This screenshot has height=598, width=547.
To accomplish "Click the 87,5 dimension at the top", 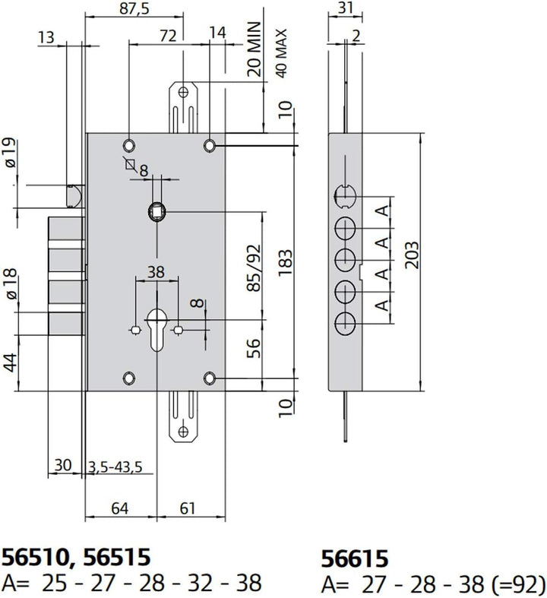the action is pyautogui.click(x=134, y=8).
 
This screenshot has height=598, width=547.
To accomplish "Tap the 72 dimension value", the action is pyautogui.click(x=168, y=36).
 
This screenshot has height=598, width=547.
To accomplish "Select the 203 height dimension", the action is pyautogui.click(x=412, y=255).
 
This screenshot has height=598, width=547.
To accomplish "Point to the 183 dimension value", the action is pyautogui.click(x=286, y=264).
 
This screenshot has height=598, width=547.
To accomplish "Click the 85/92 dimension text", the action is pyautogui.click(x=254, y=267).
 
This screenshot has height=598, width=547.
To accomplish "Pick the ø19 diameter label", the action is pyautogui.click(x=11, y=153).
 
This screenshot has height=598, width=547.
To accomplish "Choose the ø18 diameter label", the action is pyautogui.click(x=11, y=283).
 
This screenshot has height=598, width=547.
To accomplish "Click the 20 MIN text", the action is pyautogui.click(x=254, y=49).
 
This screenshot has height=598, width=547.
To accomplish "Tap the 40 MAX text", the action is pyautogui.click(x=282, y=53).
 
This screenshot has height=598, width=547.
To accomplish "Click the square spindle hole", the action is pyautogui.click(x=157, y=212).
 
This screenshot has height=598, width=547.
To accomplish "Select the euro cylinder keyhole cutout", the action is pyautogui.click(x=157, y=330).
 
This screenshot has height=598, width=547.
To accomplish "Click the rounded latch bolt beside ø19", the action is pyautogui.click(x=75, y=195).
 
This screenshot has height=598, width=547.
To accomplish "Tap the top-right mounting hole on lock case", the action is pyautogui.click(x=210, y=146).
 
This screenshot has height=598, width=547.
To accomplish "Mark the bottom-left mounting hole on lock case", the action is pyautogui.click(x=129, y=378).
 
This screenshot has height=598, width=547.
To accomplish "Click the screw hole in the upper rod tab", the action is pyautogui.click(x=184, y=92).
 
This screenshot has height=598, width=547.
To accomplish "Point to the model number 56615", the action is pyautogui.click(x=355, y=559).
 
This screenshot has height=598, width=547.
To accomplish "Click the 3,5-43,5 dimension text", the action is pyautogui.click(x=115, y=467).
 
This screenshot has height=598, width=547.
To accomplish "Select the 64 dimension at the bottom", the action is pyautogui.click(x=120, y=508).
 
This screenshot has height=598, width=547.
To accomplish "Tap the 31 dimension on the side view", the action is pyautogui.click(x=346, y=8).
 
